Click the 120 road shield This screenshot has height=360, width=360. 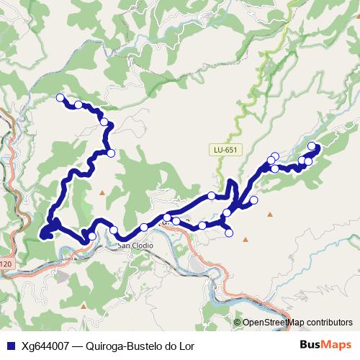pos(6,264)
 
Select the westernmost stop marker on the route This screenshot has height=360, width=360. pos(60,98)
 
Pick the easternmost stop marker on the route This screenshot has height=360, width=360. pos(312,147)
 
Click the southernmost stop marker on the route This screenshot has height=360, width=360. pos(91,236)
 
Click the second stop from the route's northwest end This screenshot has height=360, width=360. pos(78,105)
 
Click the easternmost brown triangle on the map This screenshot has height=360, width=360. pos(271,214)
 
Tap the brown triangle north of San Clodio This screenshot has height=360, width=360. pos(102,192)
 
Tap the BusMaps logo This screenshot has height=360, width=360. pos(326,344)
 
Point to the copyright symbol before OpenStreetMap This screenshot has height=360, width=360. pos(238,322)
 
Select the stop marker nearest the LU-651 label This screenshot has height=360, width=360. pos(212,196)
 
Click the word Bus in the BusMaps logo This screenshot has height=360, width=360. pos(311,344)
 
